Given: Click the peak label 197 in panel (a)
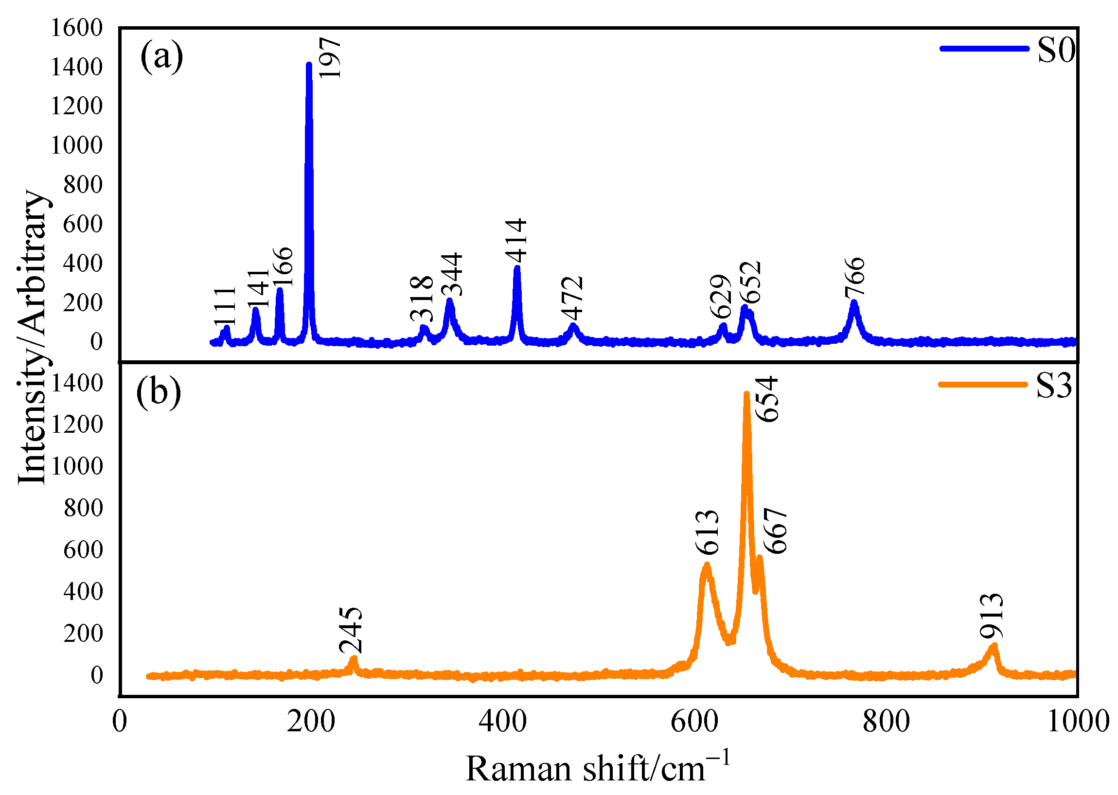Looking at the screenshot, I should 329,58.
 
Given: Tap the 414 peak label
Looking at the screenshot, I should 516,241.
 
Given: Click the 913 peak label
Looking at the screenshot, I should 992,616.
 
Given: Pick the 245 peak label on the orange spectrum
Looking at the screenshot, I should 351,630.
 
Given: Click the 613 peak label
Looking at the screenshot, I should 707,532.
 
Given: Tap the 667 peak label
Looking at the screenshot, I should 775,530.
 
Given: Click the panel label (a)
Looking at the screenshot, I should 161,56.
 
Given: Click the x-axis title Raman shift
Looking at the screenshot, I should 597,768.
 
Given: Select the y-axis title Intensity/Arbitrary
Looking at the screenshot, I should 32,338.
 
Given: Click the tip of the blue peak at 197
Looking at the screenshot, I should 309,65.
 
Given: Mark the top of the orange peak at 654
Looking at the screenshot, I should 746,394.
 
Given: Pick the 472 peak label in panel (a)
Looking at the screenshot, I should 572,298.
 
